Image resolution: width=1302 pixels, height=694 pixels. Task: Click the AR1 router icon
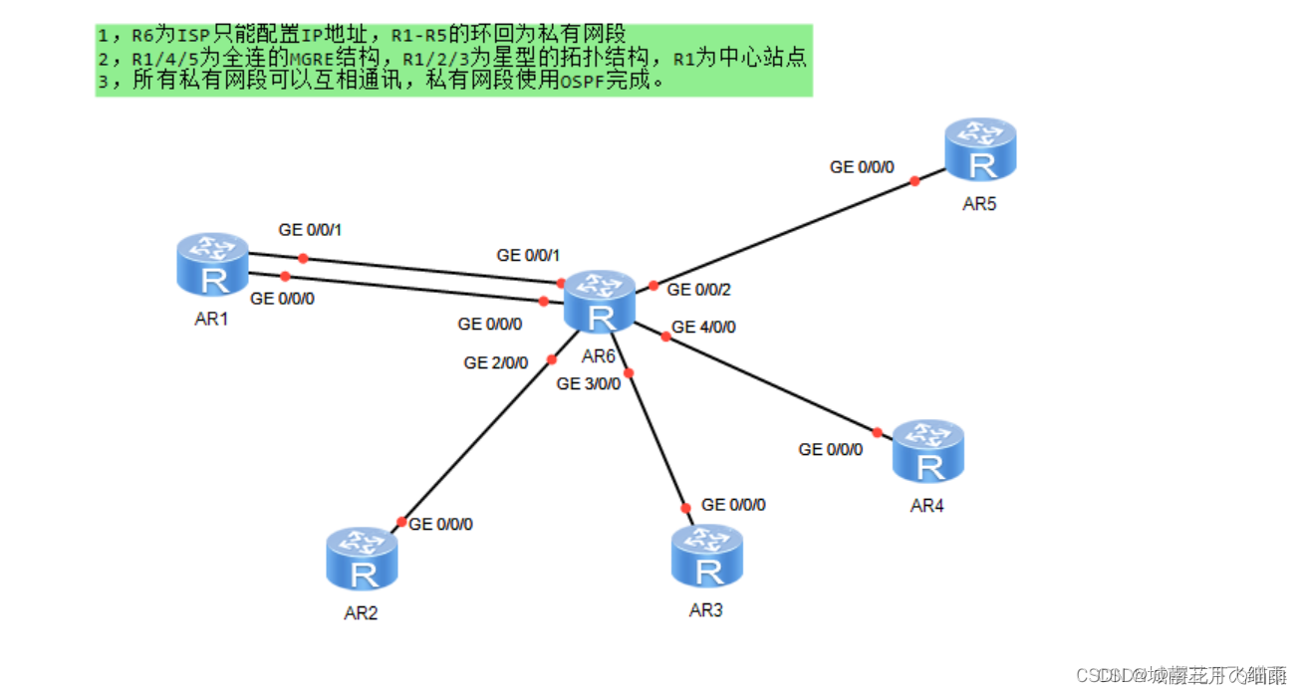point(213,265)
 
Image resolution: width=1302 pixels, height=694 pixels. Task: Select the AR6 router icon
point(600,302)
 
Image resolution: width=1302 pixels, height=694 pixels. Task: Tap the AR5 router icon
point(980,150)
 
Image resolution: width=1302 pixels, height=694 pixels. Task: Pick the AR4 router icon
point(927,452)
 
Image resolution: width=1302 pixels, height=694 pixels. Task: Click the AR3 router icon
point(706,557)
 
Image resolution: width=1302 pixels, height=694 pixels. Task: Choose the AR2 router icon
point(362,560)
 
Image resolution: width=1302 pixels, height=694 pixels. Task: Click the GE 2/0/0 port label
point(495,363)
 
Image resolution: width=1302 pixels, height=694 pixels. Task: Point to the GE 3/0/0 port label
point(588,384)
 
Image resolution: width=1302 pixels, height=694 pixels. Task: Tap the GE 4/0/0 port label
point(703,328)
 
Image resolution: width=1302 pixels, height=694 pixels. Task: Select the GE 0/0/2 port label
point(698,290)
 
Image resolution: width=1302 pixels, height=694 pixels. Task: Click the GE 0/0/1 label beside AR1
point(311,230)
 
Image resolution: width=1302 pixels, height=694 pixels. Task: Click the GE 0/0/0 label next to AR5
point(862,167)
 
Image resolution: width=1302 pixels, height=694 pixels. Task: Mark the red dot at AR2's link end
point(401,522)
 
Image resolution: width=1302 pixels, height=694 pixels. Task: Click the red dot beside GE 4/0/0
point(666,337)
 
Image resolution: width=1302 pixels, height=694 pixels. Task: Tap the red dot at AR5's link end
point(914,181)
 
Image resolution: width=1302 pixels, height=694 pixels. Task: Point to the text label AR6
point(599,357)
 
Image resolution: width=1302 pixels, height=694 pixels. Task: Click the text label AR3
point(705,610)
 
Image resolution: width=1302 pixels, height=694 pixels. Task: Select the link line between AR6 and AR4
point(772,385)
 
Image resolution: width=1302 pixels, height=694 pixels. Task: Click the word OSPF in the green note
point(575,82)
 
